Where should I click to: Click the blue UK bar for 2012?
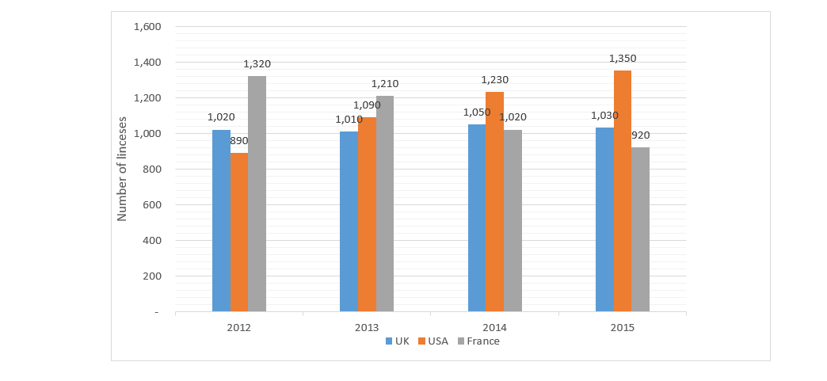(221, 221)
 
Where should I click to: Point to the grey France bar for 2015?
(640, 230)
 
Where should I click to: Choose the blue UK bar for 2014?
(477, 218)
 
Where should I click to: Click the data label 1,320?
(257, 63)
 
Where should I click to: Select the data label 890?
(239, 140)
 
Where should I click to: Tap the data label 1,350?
(623, 58)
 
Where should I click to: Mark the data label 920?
(641, 135)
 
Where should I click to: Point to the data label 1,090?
(367, 105)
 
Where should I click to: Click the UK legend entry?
(397, 341)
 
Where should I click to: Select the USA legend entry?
(433, 341)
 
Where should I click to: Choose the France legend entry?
(478, 341)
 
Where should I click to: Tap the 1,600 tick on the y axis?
(147, 26)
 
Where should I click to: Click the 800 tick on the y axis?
(151, 169)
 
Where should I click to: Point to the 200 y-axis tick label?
(151, 276)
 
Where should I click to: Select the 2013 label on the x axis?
(367, 326)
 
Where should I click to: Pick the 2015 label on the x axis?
(622, 326)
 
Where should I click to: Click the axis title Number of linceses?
(122, 169)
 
